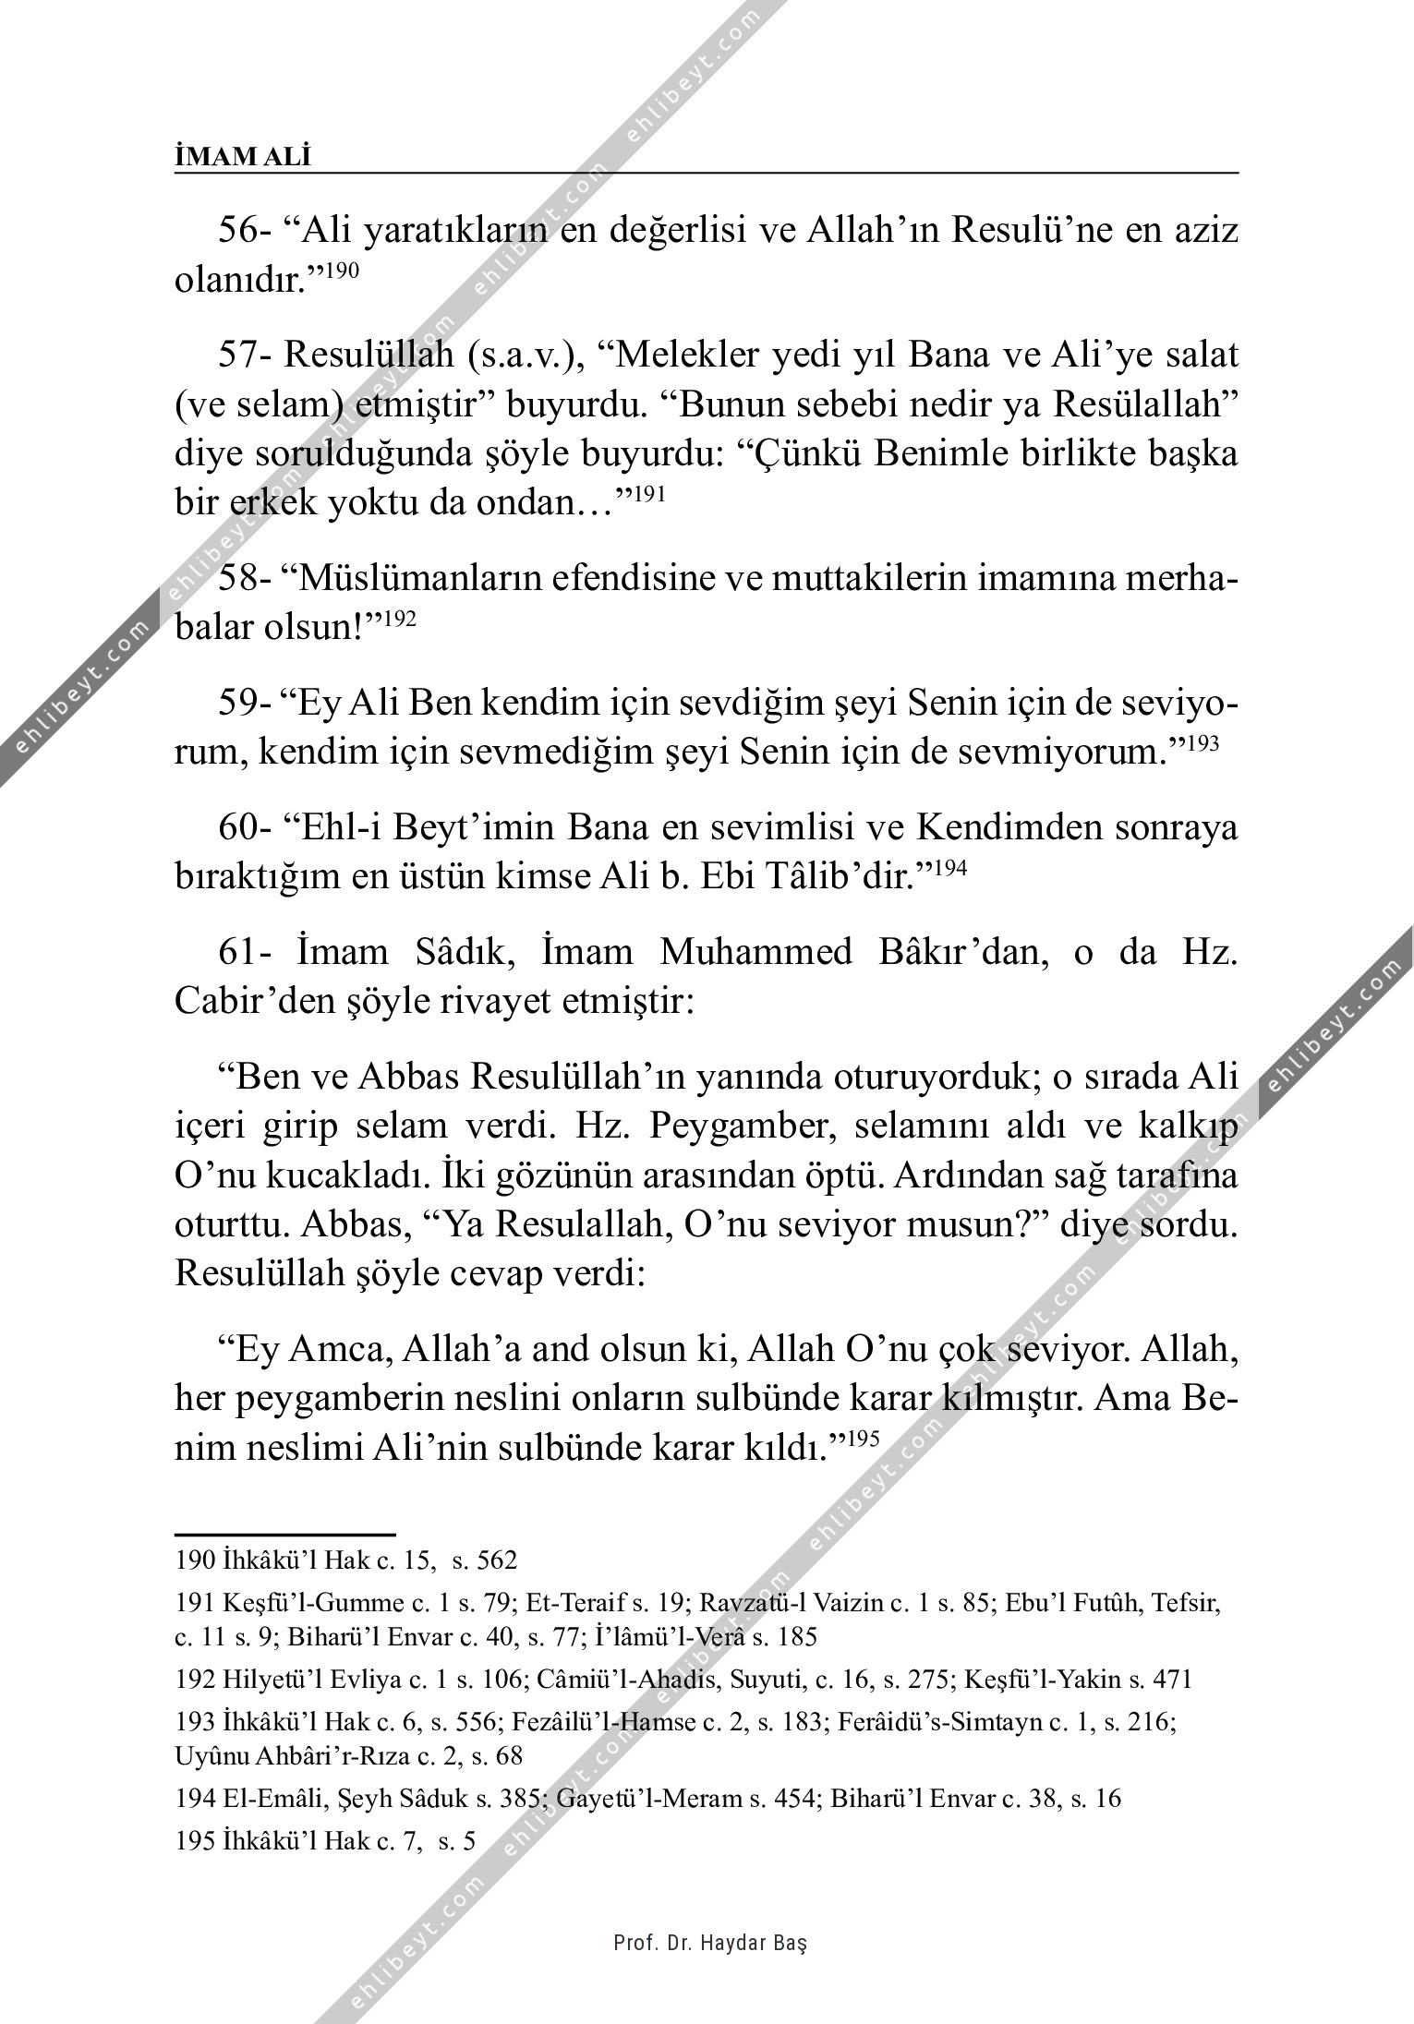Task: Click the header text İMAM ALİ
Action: click(243, 158)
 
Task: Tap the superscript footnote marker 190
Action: click(342, 271)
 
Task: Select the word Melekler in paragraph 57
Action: click(674, 355)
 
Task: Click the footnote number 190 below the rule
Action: click(194, 1560)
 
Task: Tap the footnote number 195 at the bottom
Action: click(194, 1842)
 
